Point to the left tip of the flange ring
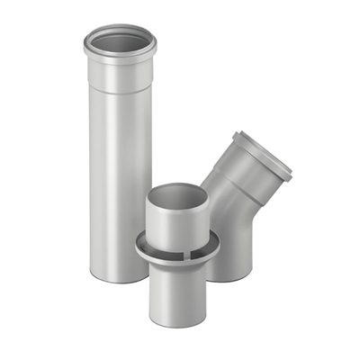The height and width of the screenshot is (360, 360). coord(138,244)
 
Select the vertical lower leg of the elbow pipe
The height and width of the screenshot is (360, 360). coord(232,243)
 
